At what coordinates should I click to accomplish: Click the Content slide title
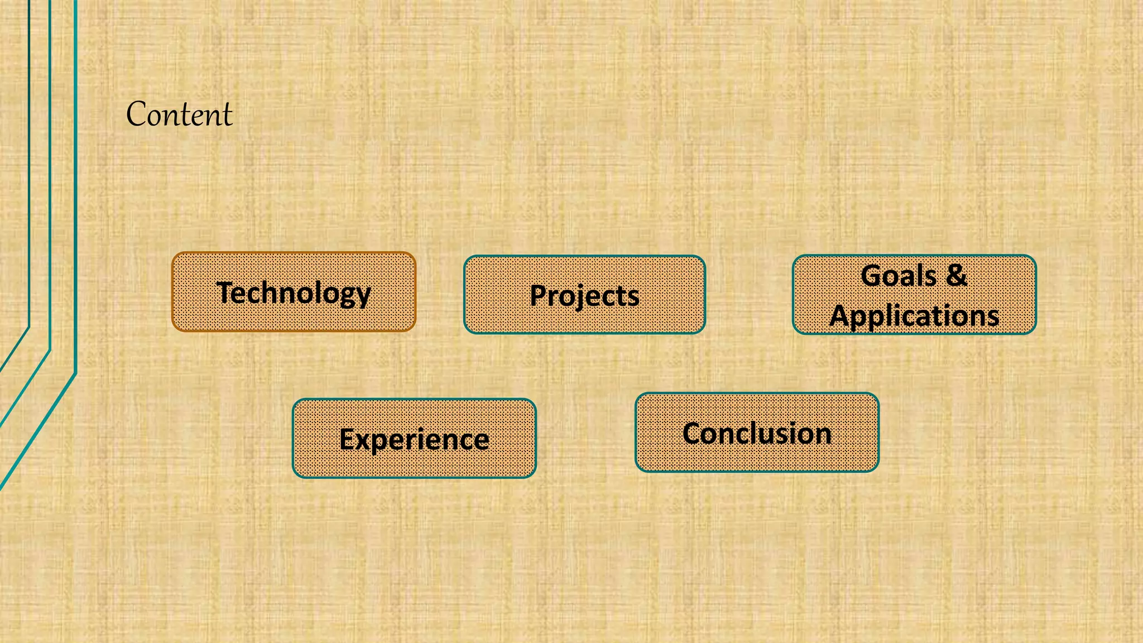point(179,114)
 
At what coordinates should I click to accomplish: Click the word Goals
point(898,276)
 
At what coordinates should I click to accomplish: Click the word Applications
point(914,316)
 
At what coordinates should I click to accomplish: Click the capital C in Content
point(137,114)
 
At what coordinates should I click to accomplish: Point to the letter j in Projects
point(578,297)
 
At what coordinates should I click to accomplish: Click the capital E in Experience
point(348,439)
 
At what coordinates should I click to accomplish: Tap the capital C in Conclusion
point(693,434)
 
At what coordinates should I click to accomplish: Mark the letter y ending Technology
point(362,296)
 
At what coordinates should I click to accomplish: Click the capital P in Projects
point(539,295)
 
